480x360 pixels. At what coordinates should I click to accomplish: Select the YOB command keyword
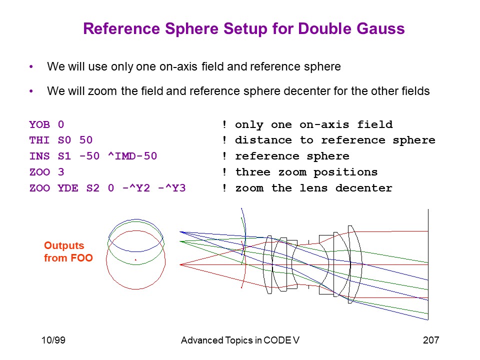[x=39, y=124]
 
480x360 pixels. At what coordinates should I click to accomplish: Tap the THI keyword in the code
[x=39, y=140]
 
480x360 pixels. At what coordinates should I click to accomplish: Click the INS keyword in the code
[x=39, y=156]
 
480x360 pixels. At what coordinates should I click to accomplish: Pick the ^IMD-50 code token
[x=132, y=156]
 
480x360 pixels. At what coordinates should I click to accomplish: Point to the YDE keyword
[x=68, y=188]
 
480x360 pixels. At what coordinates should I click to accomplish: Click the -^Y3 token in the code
[x=172, y=188]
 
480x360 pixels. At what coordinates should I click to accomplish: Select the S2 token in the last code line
[x=93, y=188]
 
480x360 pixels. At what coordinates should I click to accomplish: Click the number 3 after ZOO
[x=61, y=172]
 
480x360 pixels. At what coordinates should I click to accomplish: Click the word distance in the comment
[x=263, y=140]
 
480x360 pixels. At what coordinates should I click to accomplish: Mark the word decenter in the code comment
[x=363, y=188]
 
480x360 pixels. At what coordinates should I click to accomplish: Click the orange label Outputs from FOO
[x=68, y=251]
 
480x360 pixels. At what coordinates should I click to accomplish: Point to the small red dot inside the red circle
[x=135, y=260]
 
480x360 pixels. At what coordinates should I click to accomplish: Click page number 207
[x=431, y=340]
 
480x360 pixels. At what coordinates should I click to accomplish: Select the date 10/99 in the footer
[x=53, y=340]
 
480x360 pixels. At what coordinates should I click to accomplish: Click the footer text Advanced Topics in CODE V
[x=240, y=340]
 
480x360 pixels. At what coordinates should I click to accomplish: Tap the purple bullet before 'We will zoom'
[x=31, y=91]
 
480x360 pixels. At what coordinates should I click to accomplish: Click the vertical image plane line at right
[x=428, y=264]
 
